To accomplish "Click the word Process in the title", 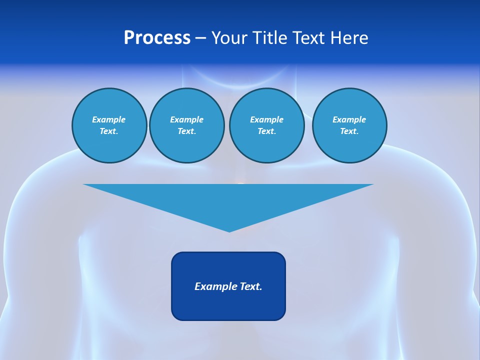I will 157,38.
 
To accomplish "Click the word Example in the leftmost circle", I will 108,119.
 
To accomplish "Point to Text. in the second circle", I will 186,131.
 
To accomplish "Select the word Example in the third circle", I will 266,119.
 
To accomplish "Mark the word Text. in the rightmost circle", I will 349,131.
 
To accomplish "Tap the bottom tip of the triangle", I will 229,230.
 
